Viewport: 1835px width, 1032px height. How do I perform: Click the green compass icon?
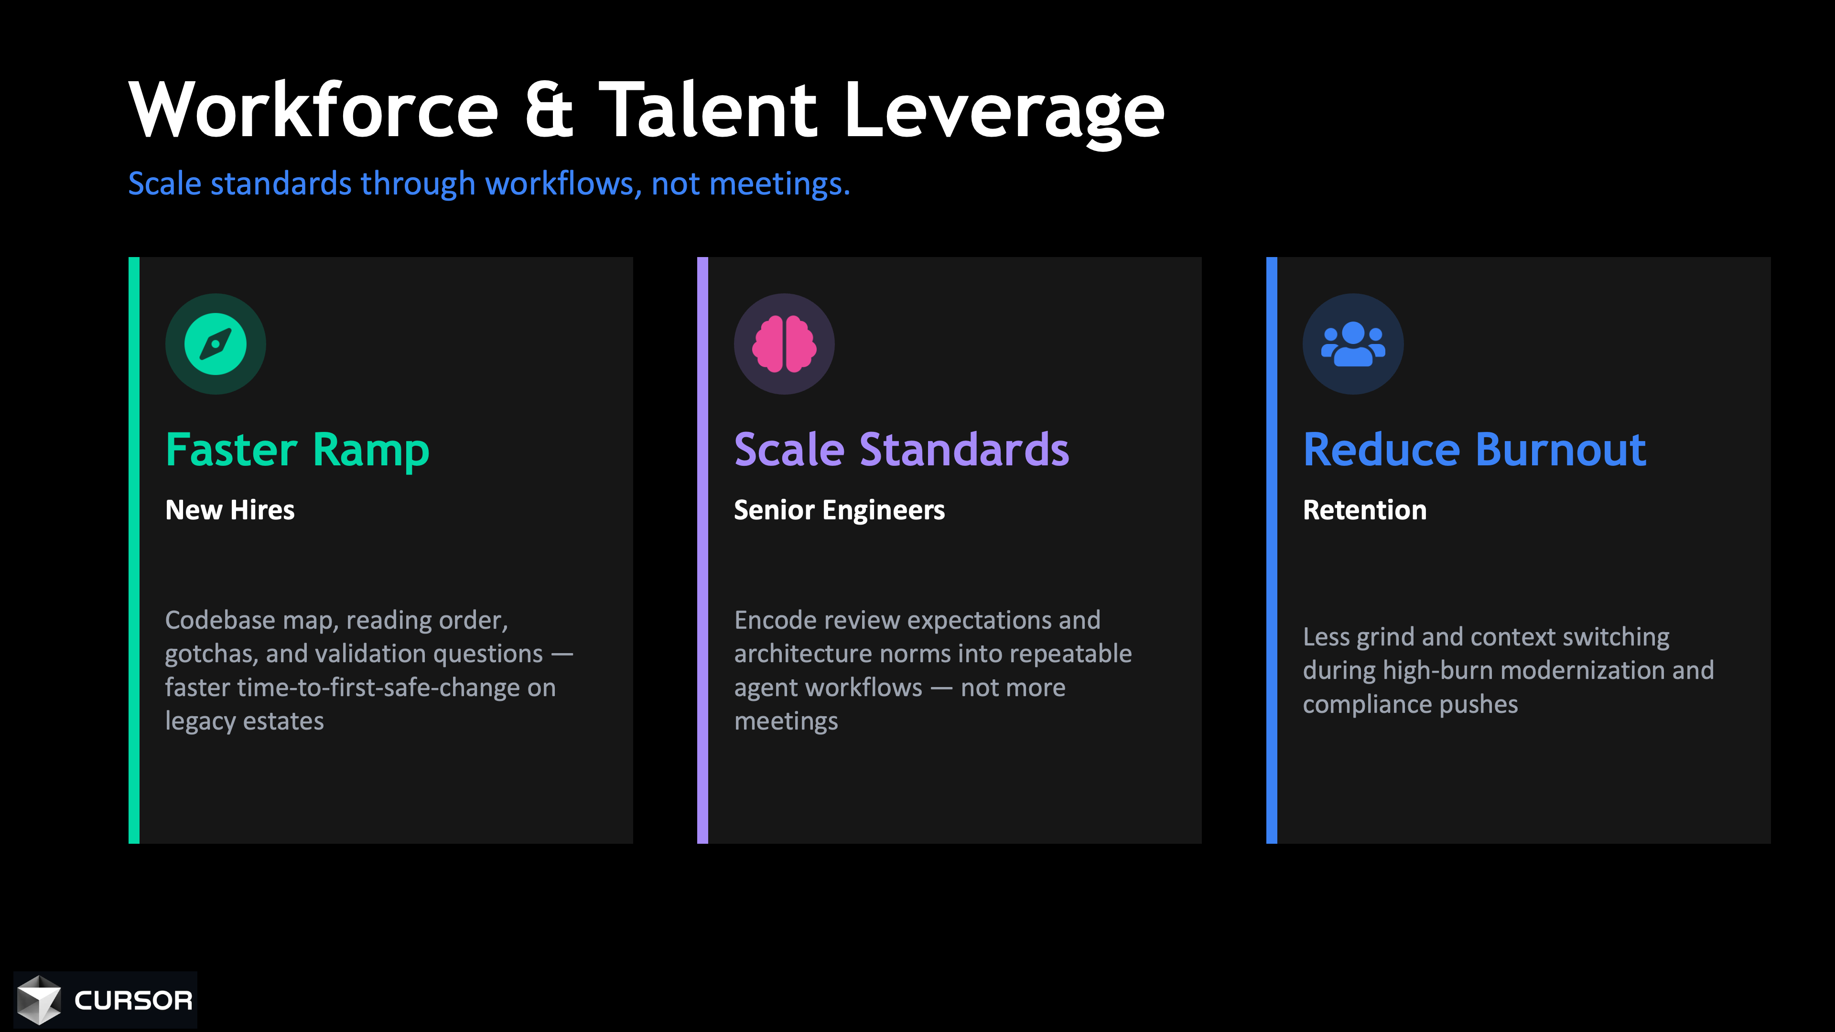pyautogui.click(x=215, y=344)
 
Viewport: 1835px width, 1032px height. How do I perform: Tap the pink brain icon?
pyautogui.click(x=784, y=344)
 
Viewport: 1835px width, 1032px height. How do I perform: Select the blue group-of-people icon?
pyautogui.click(x=1353, y=344)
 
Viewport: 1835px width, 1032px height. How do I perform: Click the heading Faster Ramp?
pyautogui.click(x=297, y=450)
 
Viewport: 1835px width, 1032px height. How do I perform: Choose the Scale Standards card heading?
pyautogui.click(x=901, y=450)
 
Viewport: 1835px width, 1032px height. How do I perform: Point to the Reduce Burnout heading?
pyautogui.click(x=1474, y=450)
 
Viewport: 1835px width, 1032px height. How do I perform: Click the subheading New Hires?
pyautogui.click(x=229, y=510)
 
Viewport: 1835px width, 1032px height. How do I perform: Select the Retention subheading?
pyautogui.click(x=1364, y=510)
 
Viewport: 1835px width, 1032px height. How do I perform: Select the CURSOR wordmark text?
pyautogui.click(x=133, y=1000)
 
